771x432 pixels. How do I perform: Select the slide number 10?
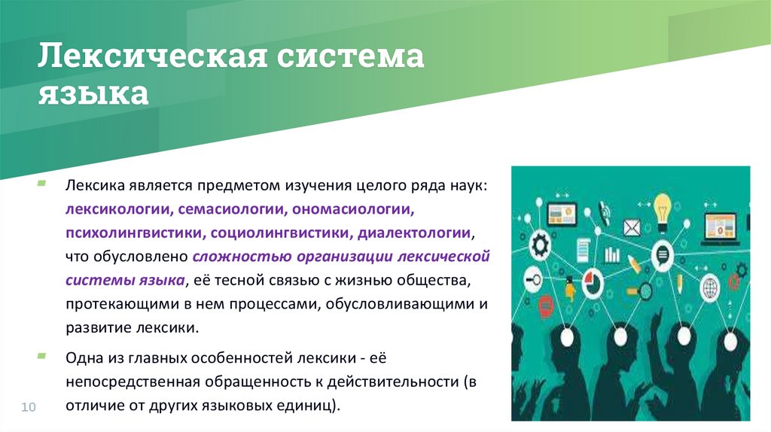pos(29,407)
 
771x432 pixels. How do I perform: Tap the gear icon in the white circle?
pos(540,245)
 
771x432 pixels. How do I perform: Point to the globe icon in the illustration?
pos(709,287)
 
